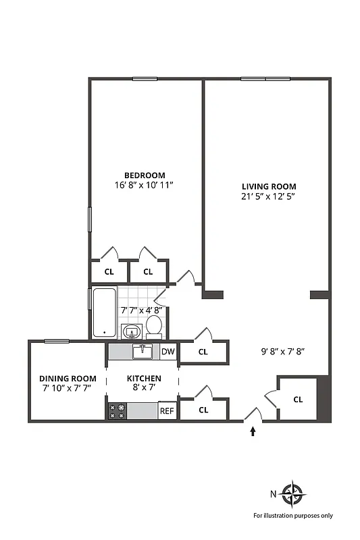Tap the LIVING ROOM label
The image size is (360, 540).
tap(269, 186)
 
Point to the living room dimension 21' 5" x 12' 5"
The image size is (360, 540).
tap(269, 196)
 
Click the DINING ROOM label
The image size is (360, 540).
tap(67, 378)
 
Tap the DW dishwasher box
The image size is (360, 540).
tap(168, 351)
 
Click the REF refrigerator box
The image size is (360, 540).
tap(167, 410)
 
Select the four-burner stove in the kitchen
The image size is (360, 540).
tap(118, 410)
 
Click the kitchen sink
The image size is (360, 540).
tap(143, 351)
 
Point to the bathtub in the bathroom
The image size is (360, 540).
tap(104, 313)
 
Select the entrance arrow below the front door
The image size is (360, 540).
tap(253, 431)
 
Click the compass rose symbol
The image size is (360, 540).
tap(293, 493)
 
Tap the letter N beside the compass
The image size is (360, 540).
tap(274, 493)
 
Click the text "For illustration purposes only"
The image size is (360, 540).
tap(293, 516)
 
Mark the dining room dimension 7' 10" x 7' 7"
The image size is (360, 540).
tap(67, 388)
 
